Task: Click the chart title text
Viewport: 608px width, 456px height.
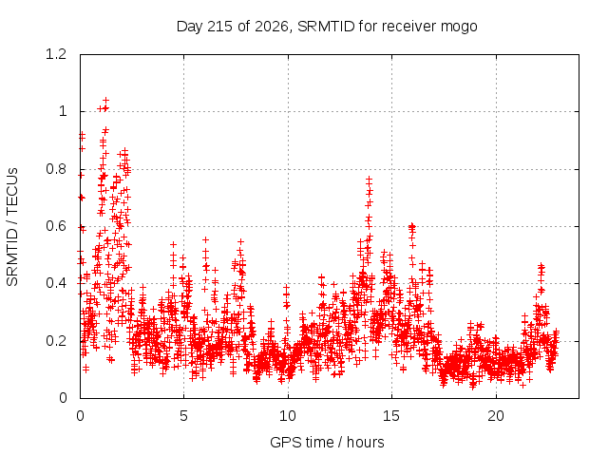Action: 327,27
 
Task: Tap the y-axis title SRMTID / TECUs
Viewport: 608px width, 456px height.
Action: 12,227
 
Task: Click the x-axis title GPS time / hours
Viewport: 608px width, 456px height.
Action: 327,442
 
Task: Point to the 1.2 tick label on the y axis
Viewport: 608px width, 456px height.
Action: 56,54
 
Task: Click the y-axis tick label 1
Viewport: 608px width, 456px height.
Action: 63,112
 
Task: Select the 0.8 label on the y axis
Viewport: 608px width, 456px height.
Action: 56,169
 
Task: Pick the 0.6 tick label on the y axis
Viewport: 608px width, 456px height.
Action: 56,226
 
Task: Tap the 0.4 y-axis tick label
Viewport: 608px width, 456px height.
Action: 56,283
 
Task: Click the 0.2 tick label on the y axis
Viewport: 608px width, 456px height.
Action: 56,341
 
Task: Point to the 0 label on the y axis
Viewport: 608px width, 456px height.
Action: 63,398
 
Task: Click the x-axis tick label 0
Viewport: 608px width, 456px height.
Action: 80,416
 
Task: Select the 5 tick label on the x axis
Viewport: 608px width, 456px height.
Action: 183,416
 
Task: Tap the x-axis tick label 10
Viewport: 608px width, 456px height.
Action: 288,416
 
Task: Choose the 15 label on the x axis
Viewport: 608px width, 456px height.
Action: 391,416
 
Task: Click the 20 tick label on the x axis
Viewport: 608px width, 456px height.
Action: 496,416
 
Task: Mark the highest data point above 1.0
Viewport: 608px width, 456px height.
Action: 105,101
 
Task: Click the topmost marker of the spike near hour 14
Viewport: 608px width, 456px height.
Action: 370,180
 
